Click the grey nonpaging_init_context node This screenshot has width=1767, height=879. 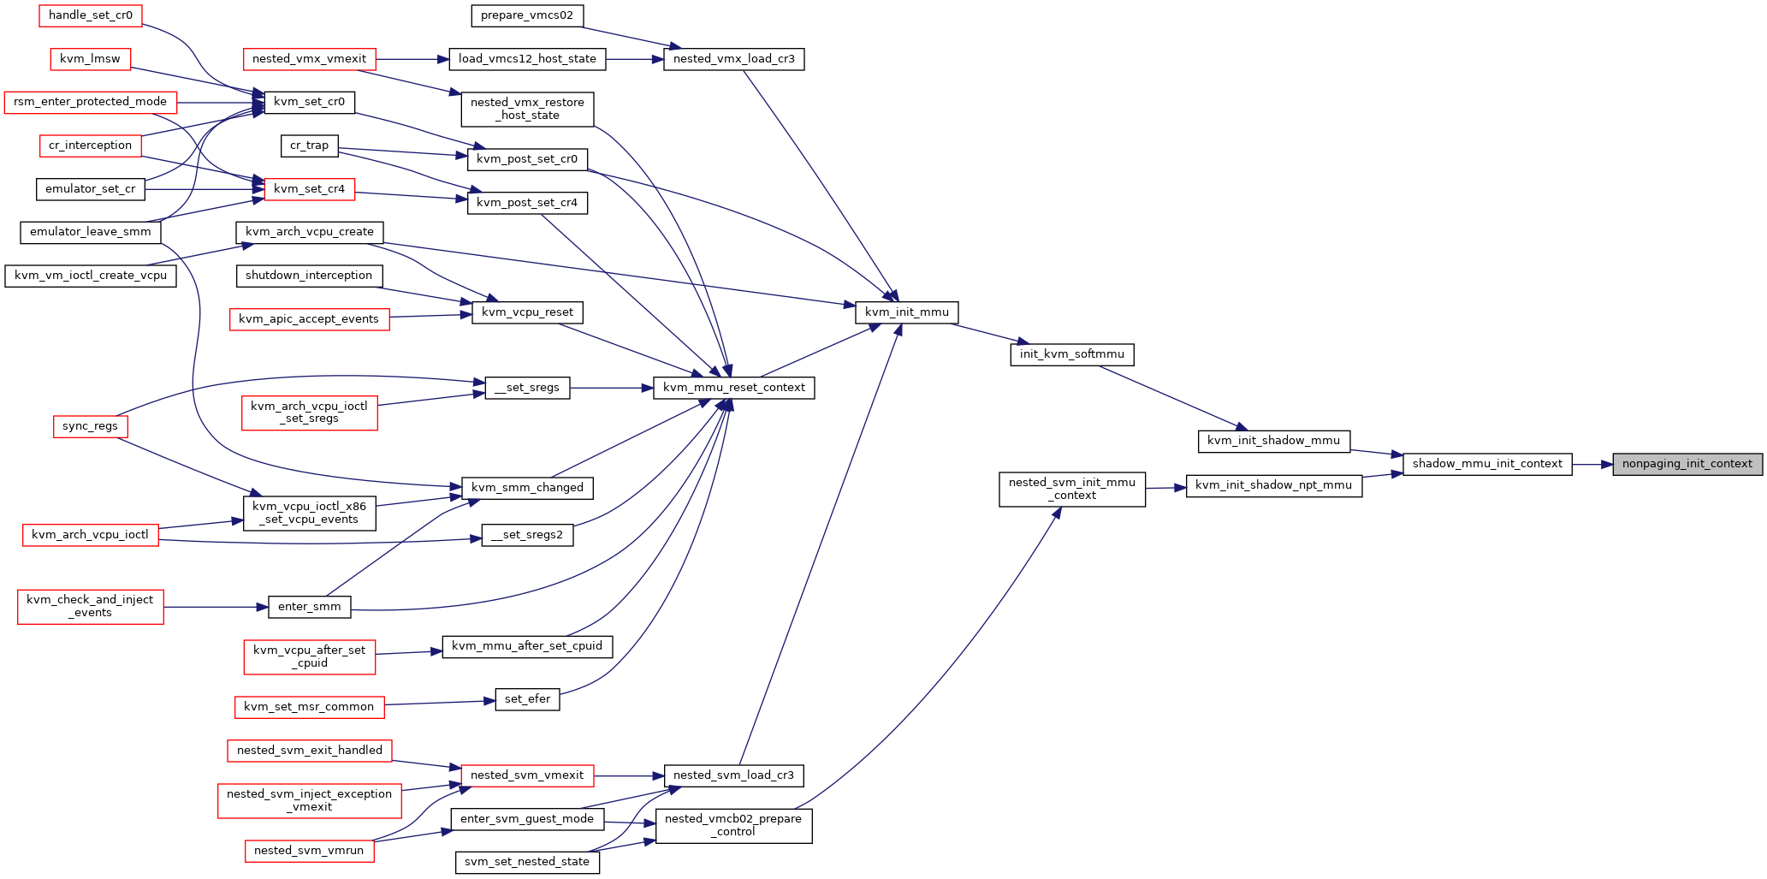1687,464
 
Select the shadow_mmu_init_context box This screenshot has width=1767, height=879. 1487,464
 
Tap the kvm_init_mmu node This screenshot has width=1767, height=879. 907,312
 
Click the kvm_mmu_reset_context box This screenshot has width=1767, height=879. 734,388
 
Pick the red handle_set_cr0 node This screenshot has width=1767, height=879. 91,15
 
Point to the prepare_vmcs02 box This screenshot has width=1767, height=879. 527,15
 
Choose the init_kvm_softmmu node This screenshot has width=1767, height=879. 1072,354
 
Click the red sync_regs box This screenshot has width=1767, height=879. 90,426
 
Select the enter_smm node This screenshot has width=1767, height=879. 310,607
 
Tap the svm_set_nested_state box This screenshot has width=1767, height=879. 527,862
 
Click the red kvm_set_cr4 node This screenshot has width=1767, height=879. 310,189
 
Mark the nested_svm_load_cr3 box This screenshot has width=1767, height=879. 734,775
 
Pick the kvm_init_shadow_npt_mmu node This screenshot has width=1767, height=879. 1274,485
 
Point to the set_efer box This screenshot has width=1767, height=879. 528,699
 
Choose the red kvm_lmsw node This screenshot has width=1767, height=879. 91,59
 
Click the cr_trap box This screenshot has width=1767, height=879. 310,146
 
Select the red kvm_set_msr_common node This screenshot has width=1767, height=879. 309,707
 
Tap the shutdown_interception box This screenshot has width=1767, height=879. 309,276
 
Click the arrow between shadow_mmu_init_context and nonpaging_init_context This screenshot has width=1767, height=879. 1592,464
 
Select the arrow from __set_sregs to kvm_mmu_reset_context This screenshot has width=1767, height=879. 612,388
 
